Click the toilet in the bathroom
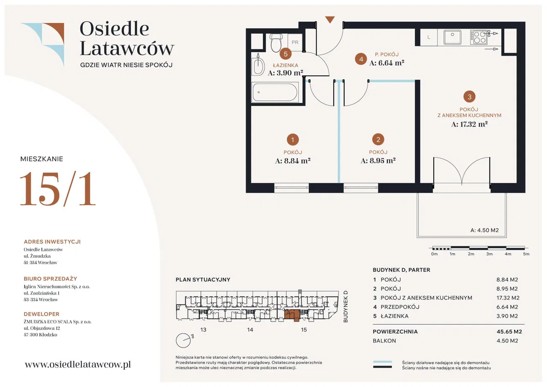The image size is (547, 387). [x=276, y=43]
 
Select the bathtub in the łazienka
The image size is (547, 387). [x=275, y=92]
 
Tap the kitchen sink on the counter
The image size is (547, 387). [x=453, y=37]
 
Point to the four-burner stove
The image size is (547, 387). [x=478, y=37]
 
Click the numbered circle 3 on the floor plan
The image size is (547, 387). [x=469, y=97]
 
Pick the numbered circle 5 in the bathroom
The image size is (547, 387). [x=285, y=54]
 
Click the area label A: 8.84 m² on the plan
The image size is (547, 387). [x=293, y=161]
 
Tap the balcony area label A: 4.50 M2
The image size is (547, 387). [x=485, y=230]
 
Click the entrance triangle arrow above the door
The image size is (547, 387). [x=329, y=20]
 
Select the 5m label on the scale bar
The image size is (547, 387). [x=526, y=254]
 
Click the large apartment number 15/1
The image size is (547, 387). [x=58, y=189]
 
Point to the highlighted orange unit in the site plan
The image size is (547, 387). [x=292, y=315]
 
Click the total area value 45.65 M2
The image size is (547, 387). [x=509, y=331]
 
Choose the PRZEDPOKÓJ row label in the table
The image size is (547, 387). [x=400, y=307]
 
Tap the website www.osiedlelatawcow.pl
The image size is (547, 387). [x=78, y=364]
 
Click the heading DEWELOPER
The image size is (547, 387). [x=41, y=314]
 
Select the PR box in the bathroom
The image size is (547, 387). [x=295, y=42]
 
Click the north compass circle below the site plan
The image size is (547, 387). [x=183, y=340]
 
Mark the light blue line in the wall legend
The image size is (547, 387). [x=382, y=362]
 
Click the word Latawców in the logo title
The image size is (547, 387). [x=127, y=48]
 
